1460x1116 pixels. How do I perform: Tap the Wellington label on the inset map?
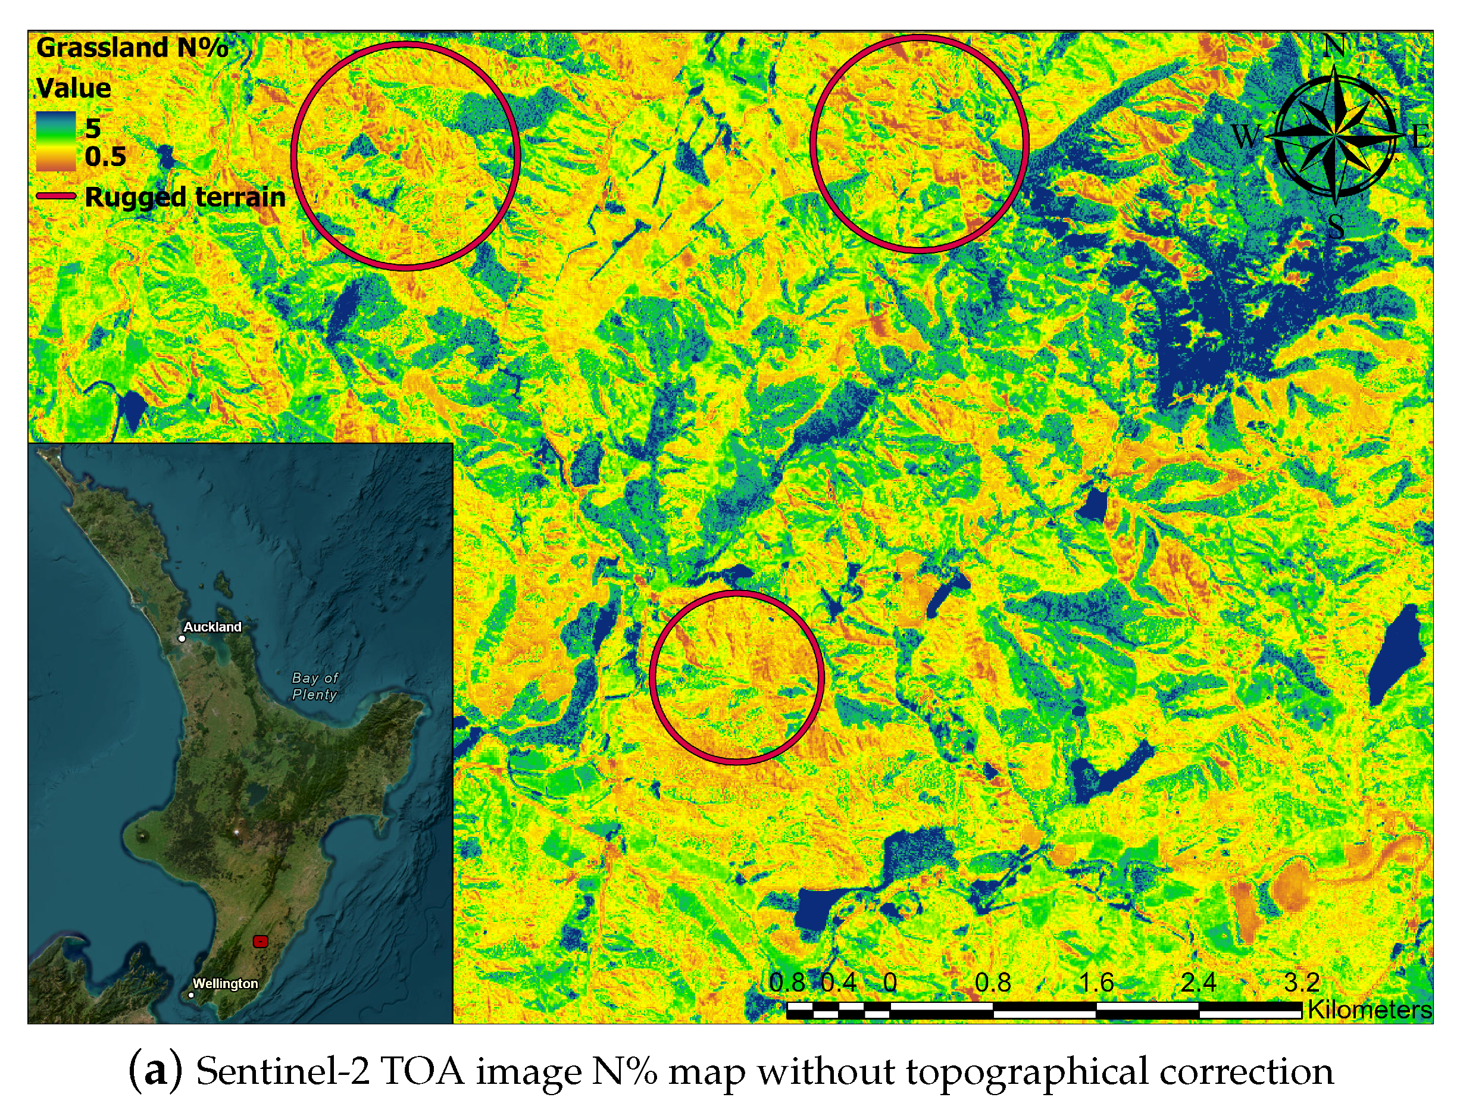225,983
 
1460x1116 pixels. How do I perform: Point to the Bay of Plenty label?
315,686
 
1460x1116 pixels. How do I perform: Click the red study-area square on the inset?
260,940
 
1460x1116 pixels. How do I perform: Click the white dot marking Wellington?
191,995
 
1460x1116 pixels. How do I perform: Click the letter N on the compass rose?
1335,46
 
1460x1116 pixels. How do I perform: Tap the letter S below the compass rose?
1336,226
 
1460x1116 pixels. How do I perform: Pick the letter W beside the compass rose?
1246,137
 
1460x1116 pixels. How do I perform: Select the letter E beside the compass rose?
1420,137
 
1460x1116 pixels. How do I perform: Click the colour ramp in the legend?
56,141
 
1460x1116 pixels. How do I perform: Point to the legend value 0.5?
105,157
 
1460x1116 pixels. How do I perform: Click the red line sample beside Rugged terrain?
56,196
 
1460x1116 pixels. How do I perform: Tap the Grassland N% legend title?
132,48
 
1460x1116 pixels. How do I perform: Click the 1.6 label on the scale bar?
1096,982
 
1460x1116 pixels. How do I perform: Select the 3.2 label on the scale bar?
1302,982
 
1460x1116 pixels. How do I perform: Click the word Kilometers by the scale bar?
1370,1009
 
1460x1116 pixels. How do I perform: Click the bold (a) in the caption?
155,1071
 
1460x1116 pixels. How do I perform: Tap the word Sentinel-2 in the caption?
282,1071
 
